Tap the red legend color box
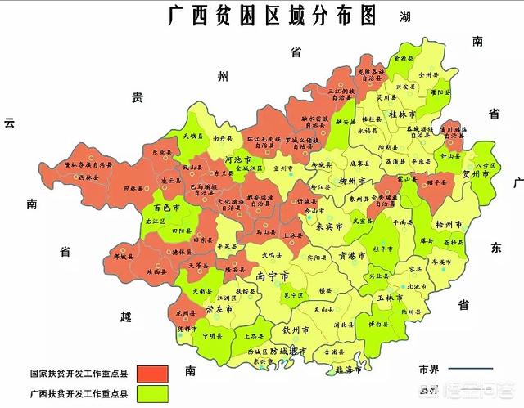151,373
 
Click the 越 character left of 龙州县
124,316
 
